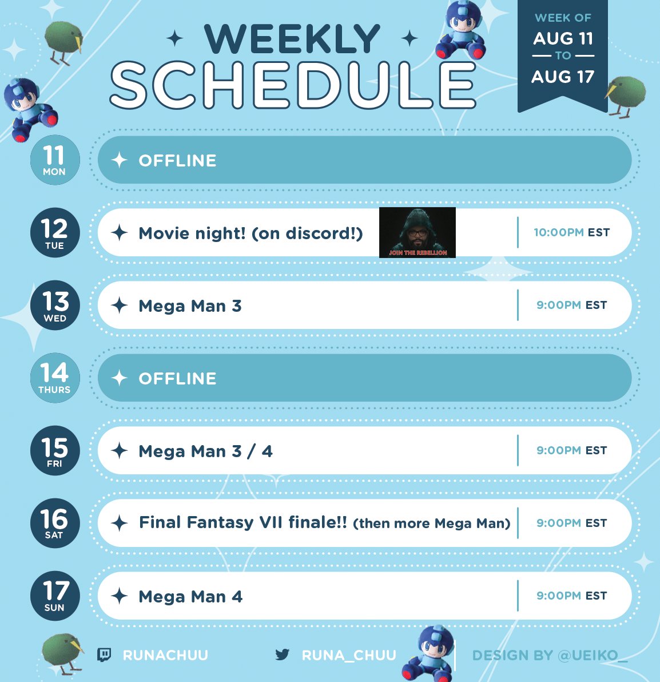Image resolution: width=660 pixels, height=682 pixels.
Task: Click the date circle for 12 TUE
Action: (55, 233)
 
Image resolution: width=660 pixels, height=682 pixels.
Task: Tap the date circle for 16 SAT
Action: (55, 523)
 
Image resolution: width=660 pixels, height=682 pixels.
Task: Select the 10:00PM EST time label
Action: (572, 232)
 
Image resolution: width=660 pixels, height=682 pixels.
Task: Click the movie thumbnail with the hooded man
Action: (418, 233)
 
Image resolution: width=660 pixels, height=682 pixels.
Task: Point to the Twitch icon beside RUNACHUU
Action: (104, 655)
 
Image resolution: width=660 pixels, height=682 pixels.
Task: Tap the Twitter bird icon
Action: (283, 654)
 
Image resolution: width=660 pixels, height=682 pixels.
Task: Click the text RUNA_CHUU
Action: (349, 655)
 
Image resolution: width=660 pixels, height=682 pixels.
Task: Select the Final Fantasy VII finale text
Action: (243, 522)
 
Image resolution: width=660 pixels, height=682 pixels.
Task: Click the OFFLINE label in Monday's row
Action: (177, 161)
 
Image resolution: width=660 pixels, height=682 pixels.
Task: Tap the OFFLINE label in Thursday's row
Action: (177, 378)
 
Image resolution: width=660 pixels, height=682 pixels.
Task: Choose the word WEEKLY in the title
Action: (292, 39)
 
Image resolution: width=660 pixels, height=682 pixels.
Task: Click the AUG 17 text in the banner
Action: (563, 77)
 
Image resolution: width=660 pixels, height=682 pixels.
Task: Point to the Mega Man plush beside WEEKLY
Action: (462, 30)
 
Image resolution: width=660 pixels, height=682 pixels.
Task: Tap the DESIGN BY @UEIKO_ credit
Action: (550, 656)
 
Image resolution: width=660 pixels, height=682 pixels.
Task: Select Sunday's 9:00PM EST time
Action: (572, 596)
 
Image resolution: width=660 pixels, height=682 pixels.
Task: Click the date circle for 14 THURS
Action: (55, 378)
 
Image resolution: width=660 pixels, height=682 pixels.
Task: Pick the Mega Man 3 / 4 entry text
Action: (206, 451)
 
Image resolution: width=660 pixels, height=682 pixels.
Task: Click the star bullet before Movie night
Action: (119, 233)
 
